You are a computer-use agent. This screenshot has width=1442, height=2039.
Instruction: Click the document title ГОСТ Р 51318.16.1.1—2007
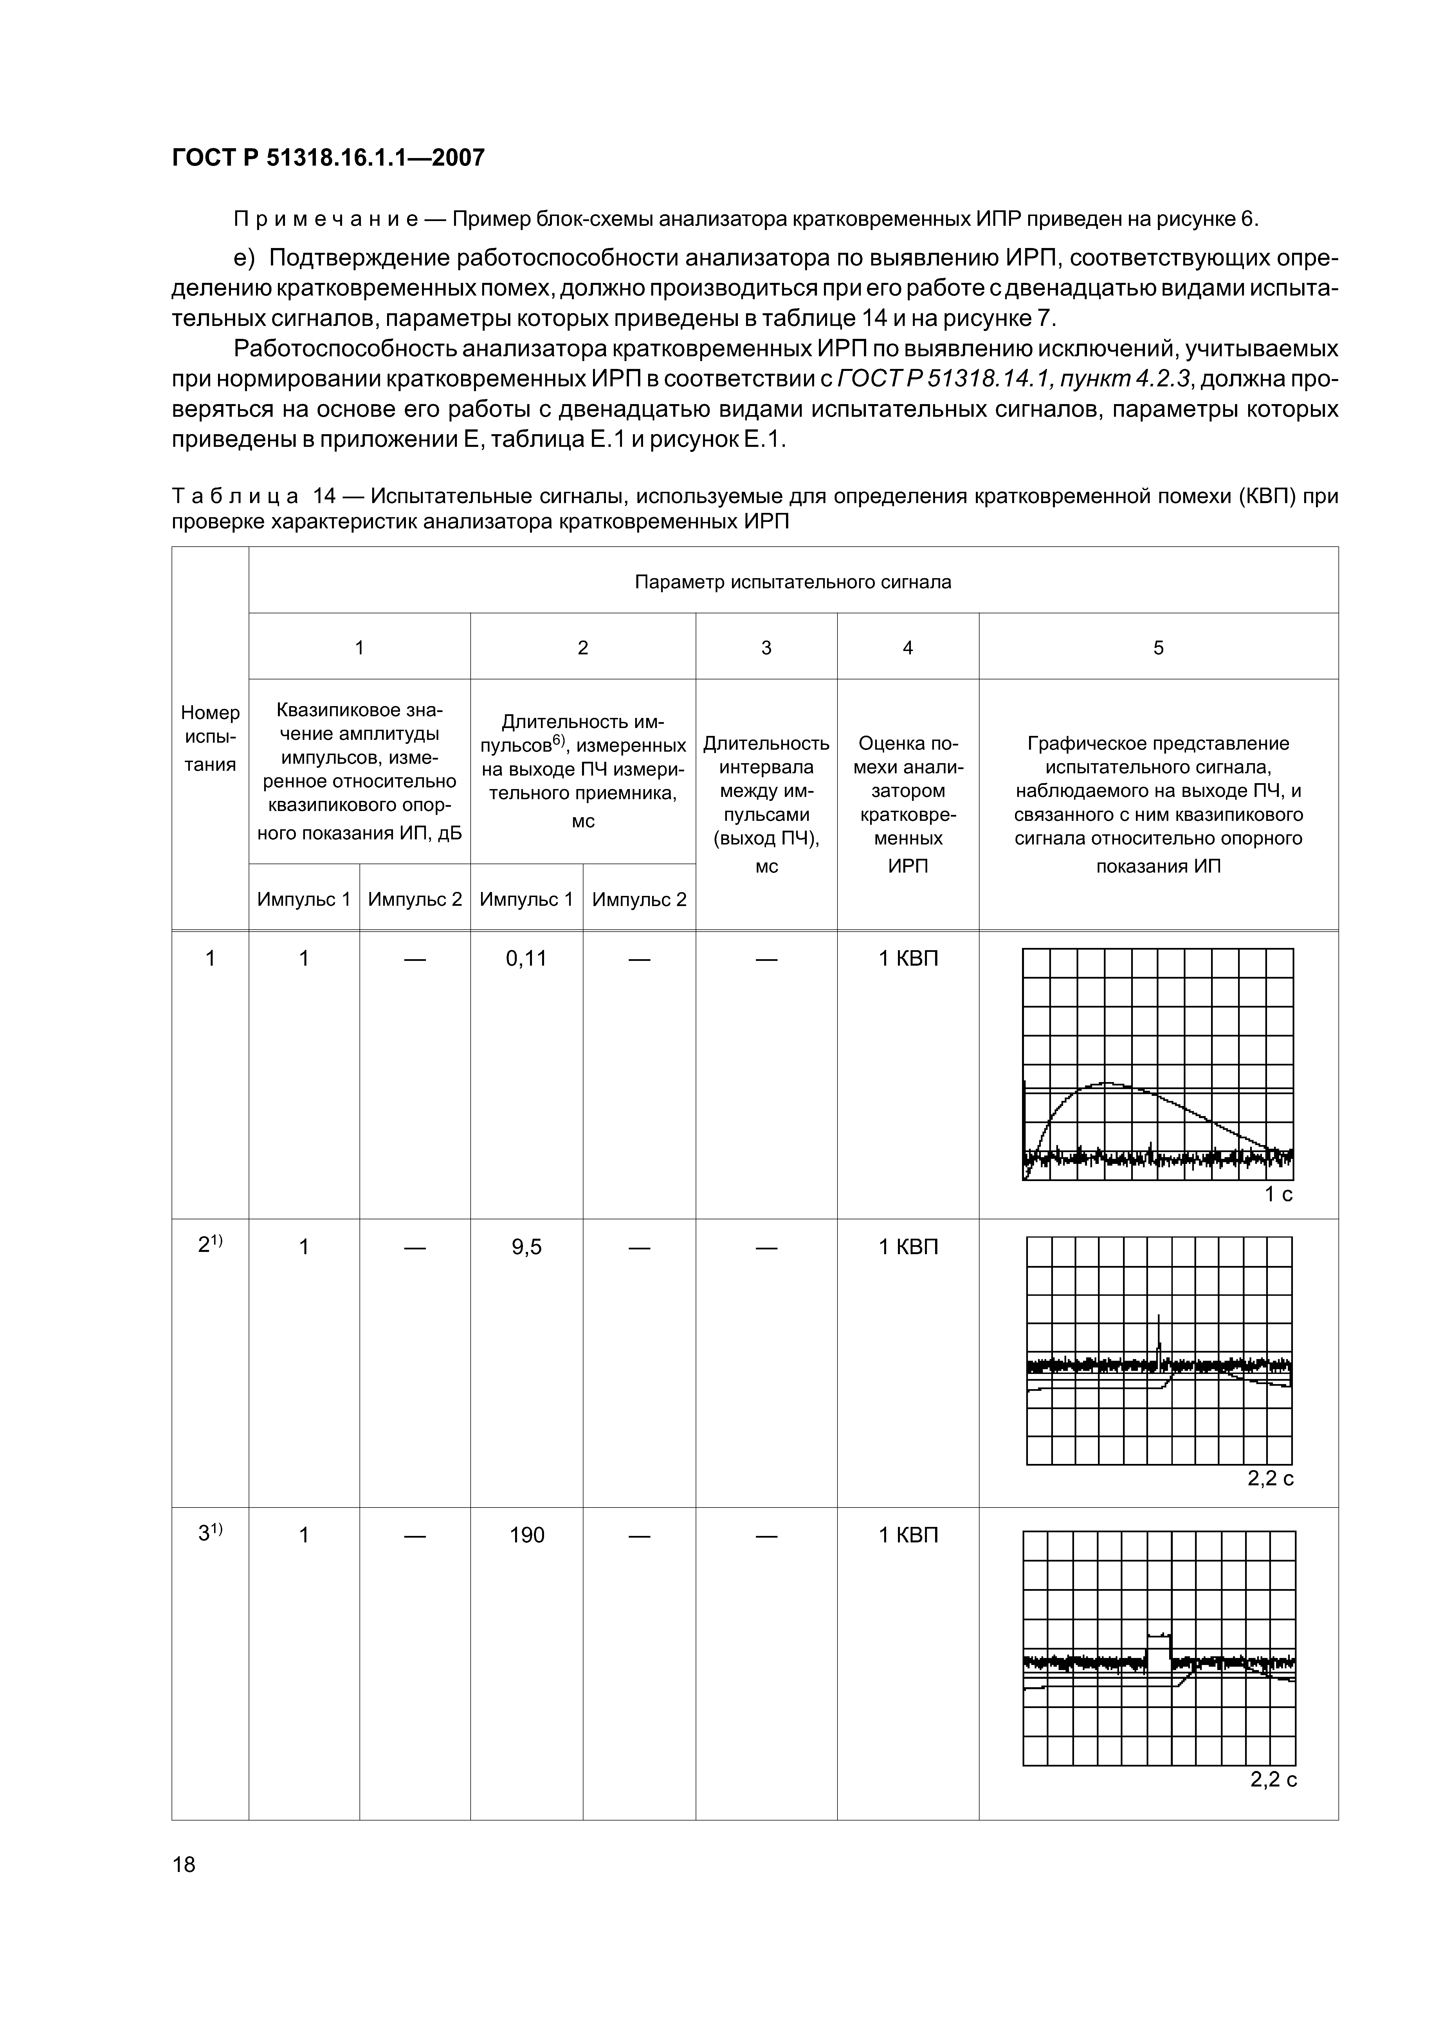coord(328,158)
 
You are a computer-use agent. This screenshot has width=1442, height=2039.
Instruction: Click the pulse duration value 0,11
coord(526,958)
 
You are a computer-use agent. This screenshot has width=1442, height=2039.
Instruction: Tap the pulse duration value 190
coord(526,1535)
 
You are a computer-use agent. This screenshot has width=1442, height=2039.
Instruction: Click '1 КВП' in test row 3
coord(908,1535)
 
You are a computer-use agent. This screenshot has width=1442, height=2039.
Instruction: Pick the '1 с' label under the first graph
coord(1279,1195)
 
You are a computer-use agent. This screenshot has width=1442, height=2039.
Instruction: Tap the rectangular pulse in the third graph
coord(1158,1650)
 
